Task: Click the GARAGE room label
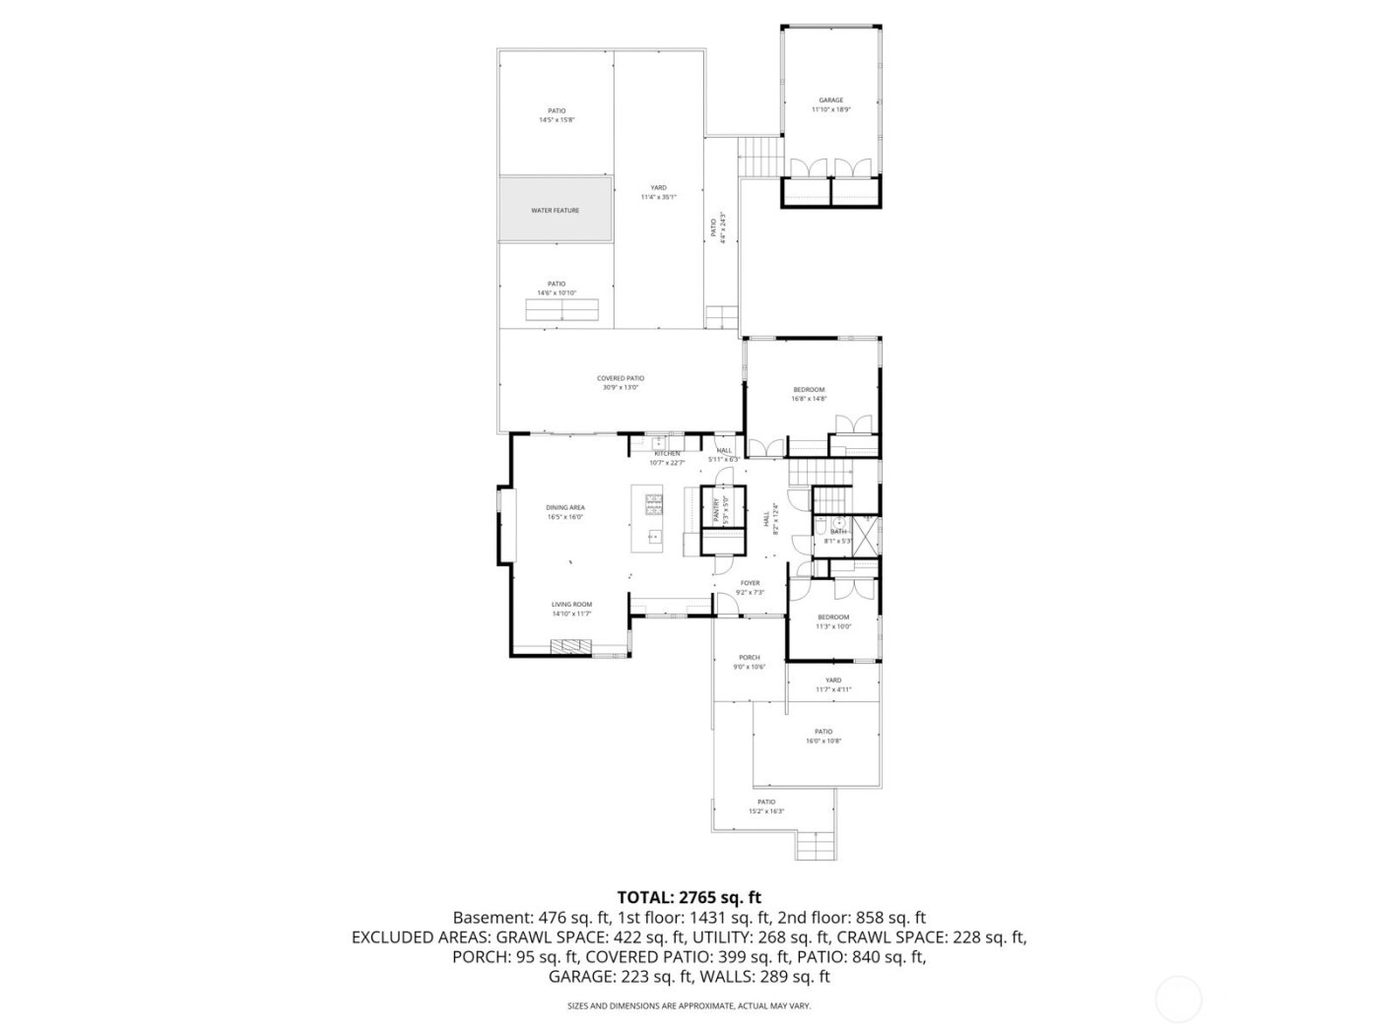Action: tap(830, 100)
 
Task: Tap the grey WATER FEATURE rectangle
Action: tap(556, 210)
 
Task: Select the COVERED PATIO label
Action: tap(621, 378)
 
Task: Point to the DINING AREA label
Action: tap(565, 507)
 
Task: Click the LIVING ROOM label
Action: tap(571, 604)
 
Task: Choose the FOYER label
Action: tap(750, 583)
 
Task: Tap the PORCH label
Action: tap(750, 658)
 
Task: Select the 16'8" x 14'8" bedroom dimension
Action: tap(808, 399)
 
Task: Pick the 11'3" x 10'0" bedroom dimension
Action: tap(832, 626)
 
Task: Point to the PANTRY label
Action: tap(716, 510)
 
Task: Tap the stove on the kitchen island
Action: tap(654, 504)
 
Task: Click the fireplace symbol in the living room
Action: tap(571, 646)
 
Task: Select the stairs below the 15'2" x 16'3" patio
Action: tap(816, 845)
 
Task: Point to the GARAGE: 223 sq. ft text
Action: tap(621, 977)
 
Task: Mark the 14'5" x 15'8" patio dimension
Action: tap(557, 120)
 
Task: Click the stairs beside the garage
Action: tap(758, 155)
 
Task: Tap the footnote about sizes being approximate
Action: tap(689, 1005)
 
